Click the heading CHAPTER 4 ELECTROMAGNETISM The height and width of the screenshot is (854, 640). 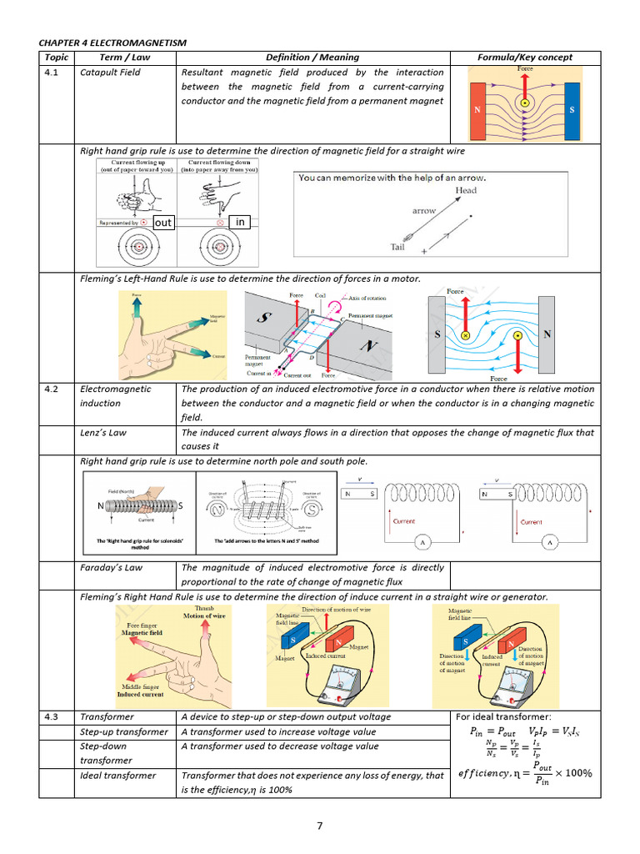112,42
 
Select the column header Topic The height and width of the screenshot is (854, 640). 56,58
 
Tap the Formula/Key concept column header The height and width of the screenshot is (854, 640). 524,58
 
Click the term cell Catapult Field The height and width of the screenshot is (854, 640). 110,73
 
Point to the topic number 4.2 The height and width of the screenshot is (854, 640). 51,389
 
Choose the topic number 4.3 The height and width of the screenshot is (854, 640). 51,716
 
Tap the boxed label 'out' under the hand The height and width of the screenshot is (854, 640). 163,223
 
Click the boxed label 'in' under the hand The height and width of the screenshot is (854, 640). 240,222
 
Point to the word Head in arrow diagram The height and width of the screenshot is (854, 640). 466,190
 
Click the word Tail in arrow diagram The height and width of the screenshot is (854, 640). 399,247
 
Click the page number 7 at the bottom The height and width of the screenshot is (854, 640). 319,826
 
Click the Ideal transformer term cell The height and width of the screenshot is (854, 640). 117,776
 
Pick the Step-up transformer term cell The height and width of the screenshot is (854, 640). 123,731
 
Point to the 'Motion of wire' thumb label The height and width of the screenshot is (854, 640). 206,616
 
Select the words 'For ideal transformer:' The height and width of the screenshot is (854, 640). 503,717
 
